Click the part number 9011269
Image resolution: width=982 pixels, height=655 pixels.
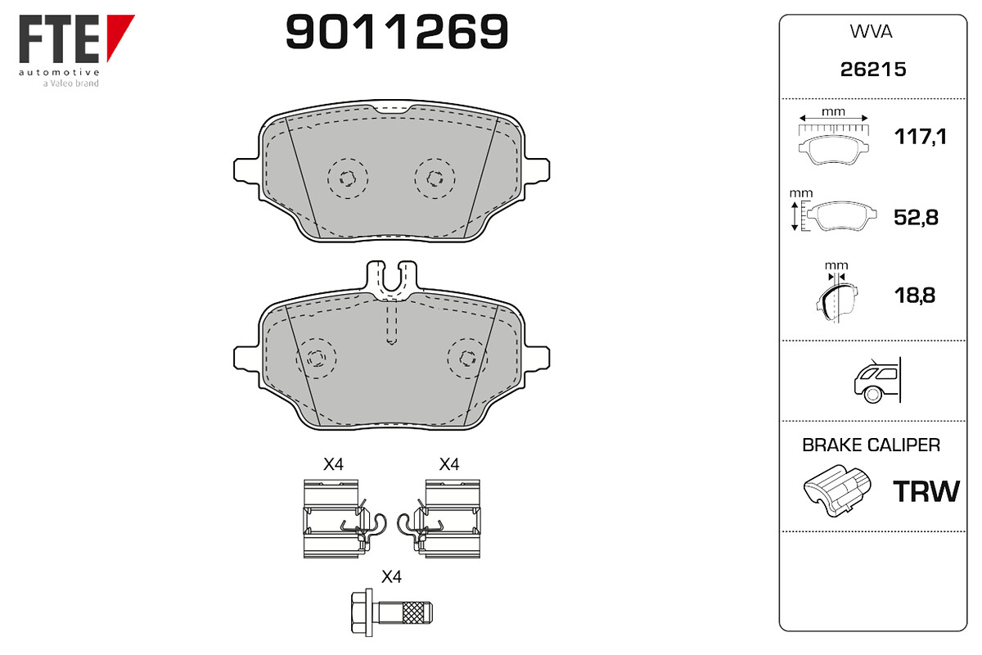(397, 32)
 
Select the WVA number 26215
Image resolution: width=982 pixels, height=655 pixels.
(873, 70)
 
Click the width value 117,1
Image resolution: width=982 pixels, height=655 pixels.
(920, 137)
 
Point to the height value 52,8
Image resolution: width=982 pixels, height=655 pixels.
(916, 218)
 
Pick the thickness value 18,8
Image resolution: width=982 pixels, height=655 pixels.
(915, 296)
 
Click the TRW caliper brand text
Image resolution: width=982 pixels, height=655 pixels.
(926, 492)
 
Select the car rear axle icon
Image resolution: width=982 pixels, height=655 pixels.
(877, 380)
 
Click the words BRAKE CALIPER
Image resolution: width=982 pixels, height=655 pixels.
(871, 445)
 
